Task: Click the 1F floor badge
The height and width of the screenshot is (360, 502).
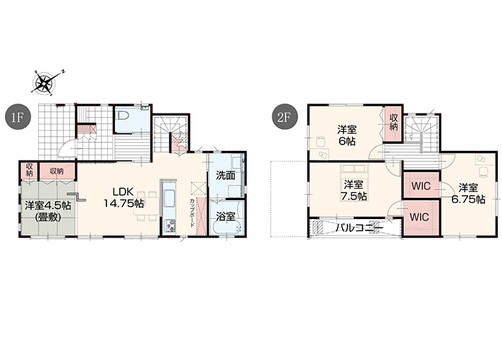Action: point(17,116)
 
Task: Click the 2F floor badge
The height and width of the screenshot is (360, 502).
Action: point(284,116)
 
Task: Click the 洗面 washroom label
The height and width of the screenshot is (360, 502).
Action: point(225,176)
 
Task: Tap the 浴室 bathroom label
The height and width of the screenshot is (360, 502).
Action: point(225,216)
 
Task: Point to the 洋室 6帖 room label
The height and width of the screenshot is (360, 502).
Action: point(347,136)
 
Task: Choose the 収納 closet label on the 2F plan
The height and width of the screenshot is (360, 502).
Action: point(393,122)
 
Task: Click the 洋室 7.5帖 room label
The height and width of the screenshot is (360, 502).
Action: point(353,191)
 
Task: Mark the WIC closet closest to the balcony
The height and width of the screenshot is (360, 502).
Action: point(418,216)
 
